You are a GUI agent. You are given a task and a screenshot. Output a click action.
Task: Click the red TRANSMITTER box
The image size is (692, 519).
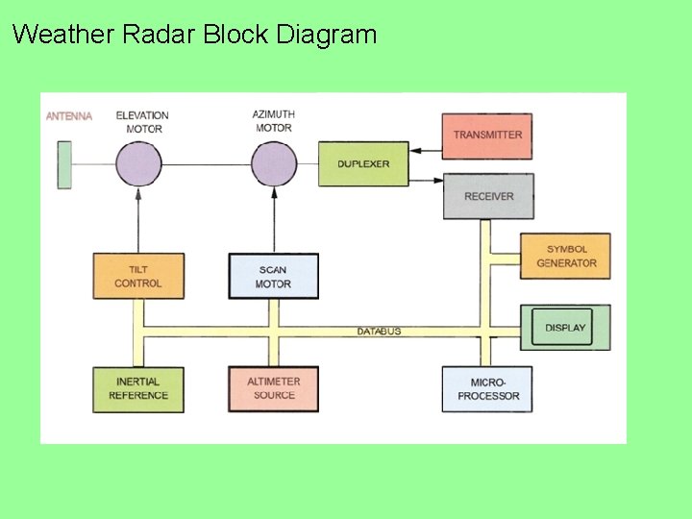click(486, 136)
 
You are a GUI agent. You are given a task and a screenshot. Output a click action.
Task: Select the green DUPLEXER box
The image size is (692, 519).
click(363, 164)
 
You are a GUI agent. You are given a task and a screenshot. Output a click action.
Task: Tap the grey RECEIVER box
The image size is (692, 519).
click(488, 196)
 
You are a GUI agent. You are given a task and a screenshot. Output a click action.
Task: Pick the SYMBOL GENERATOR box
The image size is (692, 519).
click(565, 257)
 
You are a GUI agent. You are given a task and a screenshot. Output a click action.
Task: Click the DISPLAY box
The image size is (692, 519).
click(565, 328)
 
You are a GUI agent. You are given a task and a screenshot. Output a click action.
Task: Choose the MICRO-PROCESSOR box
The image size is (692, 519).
click(487, 389)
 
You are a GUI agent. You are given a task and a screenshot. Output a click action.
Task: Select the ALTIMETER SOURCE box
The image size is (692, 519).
click(273, 389)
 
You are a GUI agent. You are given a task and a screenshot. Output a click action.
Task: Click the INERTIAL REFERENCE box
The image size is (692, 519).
click(138, 389)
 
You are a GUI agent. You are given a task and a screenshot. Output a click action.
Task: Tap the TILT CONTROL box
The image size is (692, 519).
click(138, 276)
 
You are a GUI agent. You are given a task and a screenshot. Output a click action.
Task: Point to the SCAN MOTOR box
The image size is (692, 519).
click(273, 276)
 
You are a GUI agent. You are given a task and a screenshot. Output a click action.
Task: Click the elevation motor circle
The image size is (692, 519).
click(138, 164)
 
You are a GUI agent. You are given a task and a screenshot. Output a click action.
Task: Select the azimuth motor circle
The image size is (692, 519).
click(274, 164)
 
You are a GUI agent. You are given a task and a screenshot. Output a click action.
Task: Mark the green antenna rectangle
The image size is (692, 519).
click(64, 164)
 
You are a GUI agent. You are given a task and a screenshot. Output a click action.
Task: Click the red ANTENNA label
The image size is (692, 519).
click(69, 116)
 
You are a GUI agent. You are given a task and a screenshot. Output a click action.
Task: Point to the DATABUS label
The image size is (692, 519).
click(379, 332)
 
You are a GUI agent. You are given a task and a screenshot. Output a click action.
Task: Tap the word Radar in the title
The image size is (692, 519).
click(159, 36)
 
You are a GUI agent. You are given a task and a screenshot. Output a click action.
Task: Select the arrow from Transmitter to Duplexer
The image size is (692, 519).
click(425, 150)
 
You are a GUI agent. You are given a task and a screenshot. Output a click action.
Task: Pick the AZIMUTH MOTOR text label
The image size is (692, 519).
click(274, 121)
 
